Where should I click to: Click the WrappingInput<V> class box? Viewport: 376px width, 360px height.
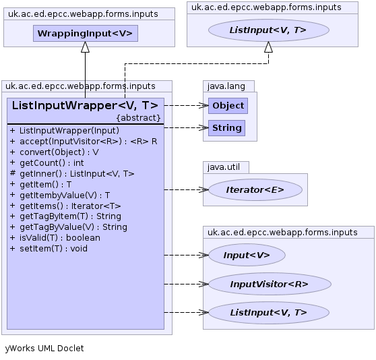[x=86, y=33]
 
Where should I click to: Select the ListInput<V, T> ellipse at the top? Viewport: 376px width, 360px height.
[x=269, y=30]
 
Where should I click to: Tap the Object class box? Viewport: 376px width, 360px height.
[x=228, y=106]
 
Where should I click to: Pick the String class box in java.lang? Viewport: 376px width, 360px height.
[x=226, y=128]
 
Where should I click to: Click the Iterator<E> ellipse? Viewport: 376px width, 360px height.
[x=255, y=189]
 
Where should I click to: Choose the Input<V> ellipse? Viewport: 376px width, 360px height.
[x=247, y=255]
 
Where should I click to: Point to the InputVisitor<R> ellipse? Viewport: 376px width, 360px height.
[x=270, y=284]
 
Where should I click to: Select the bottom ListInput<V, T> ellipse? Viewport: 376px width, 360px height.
[x=269, y=313]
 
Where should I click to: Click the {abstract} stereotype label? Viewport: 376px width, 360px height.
[x=138, y=118]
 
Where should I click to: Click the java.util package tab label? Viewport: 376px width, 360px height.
[x=224, y=167]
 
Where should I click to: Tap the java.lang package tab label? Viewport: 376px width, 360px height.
[x=226, y=86]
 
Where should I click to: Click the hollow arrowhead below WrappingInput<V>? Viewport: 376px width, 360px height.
[x=85, y=47]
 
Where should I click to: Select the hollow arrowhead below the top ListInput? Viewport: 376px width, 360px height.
[x=268, y=47]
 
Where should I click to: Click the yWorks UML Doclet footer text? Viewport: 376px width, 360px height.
[x=44, y=349]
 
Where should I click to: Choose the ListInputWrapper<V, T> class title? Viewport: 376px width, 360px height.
[x=85, y=106]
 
